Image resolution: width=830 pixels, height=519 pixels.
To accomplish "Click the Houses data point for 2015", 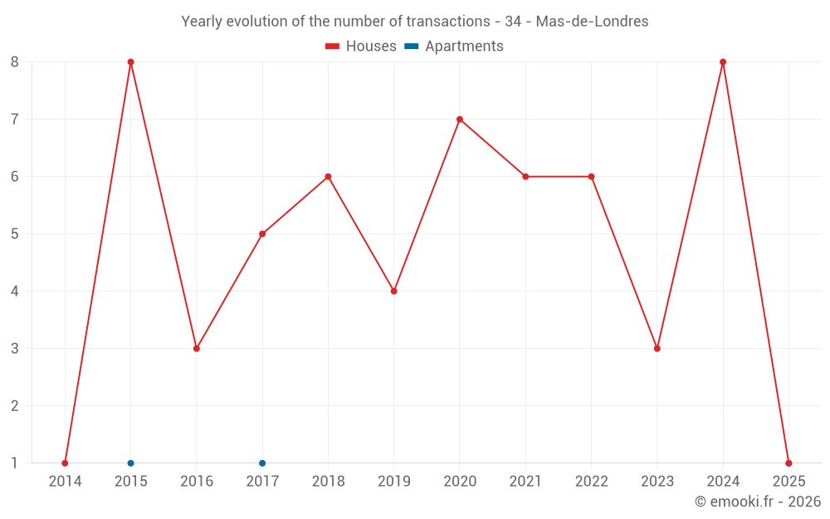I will pyautogui.click(x=130, y=62).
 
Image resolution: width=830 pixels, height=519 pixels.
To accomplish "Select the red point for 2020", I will pyautogui.click(x=460, y=120).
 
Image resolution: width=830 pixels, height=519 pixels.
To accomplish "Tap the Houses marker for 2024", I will pyautogui.click(x=723, y=62).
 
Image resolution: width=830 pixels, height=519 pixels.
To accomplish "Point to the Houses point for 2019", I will pyautogui.click(x=394, y=291).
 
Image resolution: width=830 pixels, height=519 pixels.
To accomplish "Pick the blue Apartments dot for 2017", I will pyautogui.click(x=262, y=463).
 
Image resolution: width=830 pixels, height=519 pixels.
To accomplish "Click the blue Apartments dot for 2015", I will pyautogui.click(x=130, y=463).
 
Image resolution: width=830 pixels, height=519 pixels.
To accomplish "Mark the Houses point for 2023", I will pyautogui.click(x=657, y=349).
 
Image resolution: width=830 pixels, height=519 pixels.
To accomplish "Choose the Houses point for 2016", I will pyautogui.click(x=197, y=349).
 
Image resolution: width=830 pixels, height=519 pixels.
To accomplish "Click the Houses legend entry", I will pyautogui.click(x=361, y=47).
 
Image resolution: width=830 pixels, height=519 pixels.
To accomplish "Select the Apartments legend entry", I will pyautogui.click(x=454, y=47).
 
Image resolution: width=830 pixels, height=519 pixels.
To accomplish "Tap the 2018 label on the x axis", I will pyautogui.click(x=328, y=482).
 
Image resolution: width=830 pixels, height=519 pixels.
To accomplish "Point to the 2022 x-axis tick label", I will pyautogui.click(x=591, y=482).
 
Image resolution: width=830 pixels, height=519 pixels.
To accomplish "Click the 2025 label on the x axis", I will pyautogui.click(x=788, y=482).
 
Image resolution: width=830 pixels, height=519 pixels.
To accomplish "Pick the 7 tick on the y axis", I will pyautogui.click(x=15, y=120).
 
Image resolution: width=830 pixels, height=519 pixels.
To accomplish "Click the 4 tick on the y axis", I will pyautogui.click(x=15, y=291).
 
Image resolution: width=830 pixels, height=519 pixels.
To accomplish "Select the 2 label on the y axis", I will pyautogui.click(x=15, y=406).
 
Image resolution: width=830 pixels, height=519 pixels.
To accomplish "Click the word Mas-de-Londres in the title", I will pyautogui.click(x=593, y=22).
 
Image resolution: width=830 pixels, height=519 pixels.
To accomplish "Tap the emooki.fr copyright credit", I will pyautogui.click(x=758, y=502).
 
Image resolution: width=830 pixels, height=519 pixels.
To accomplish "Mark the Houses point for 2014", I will pyautogui.click(x=65, y=463).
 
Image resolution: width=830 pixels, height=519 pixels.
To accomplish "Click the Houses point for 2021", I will pyautogui.click(x=525, y=177).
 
